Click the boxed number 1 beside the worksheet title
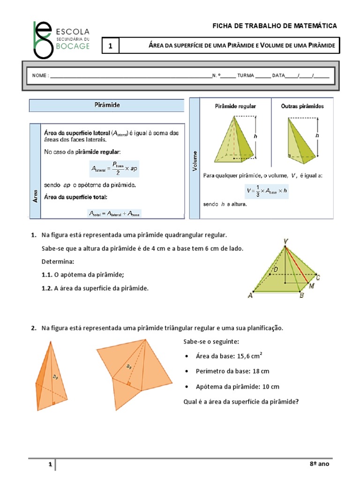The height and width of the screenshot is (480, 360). pyautogui.click(x=111, y=46)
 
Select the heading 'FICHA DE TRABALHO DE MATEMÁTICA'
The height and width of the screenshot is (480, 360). pyautogui.click(x=275, y=26)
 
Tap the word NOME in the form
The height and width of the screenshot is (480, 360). pyautogui.click(x=39, y=75)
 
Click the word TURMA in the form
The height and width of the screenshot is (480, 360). pyautogui.click(x=246, y=75)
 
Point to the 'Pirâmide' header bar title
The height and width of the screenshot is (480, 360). pyautogui.click(x=107, y=105)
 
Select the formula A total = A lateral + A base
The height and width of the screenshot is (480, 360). pyautogui.click(x=114, y=213)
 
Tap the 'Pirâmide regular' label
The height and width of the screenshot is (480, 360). pyautogui.click(x=235, y=106)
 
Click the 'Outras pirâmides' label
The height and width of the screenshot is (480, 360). pyautogui.click(x=302, y=106)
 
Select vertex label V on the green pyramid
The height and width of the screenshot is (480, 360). pyautogui.click(x=285, y=241)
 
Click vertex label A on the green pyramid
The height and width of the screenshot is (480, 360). pyautogui.click(x=250, y=296)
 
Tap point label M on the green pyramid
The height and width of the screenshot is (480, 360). pyautogui.click(x=310, y=285)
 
